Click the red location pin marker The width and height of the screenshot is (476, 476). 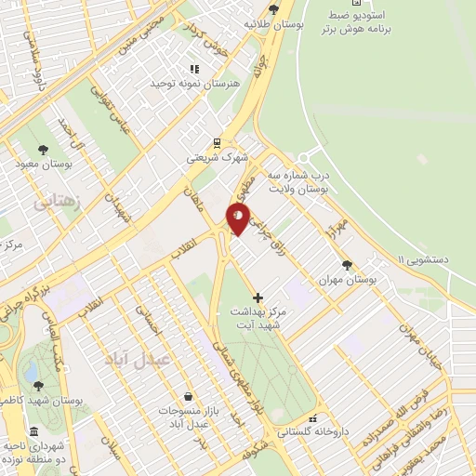[x=238, y=218]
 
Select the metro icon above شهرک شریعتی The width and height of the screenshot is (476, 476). [x=217, y=143]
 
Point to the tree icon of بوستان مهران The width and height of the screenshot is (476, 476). [x=347, y=265]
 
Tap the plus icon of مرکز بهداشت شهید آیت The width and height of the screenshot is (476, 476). [x=258, y=298]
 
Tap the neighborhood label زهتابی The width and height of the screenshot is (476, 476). [x=58, y=200]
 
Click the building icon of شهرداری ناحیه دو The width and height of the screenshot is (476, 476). [x=34, y=432]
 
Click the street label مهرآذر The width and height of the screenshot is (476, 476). [x=337, y=224]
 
